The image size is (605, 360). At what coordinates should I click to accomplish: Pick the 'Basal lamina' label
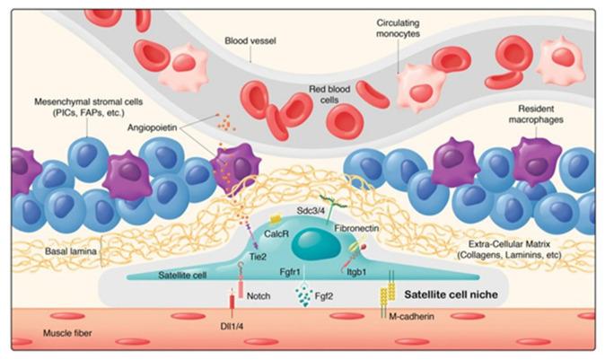63,253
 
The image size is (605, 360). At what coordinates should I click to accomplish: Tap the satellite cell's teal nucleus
314,246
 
